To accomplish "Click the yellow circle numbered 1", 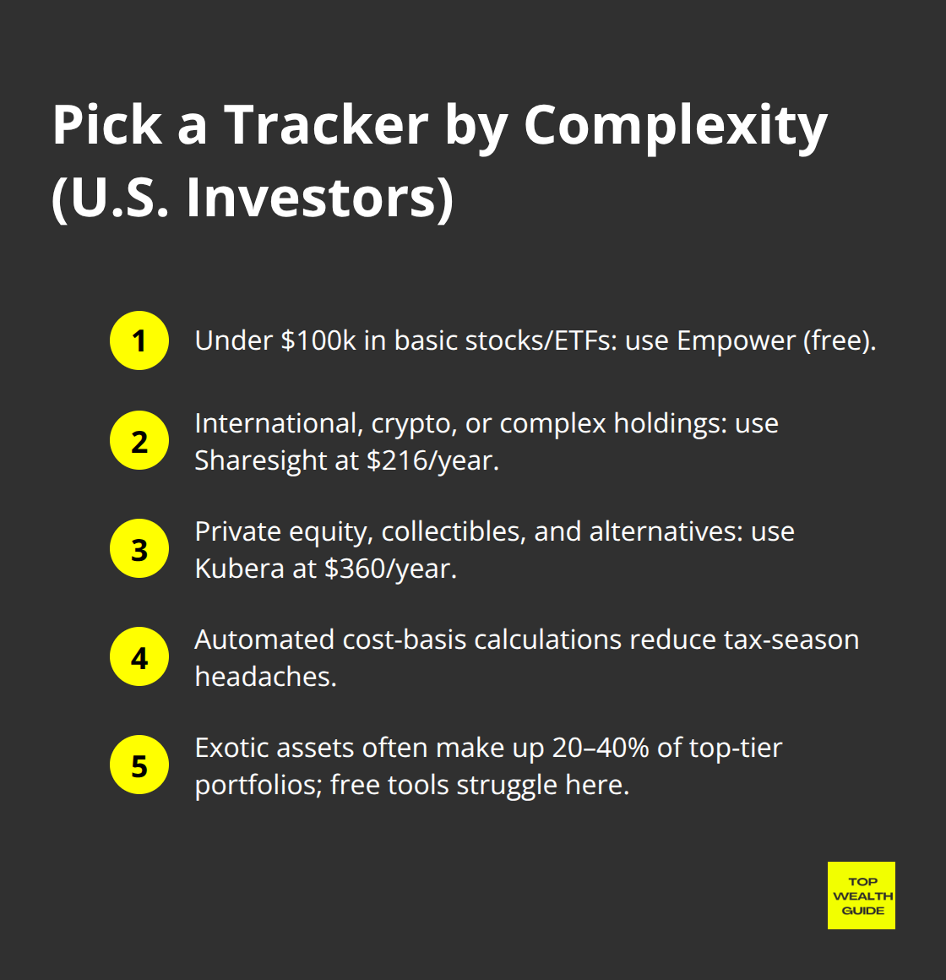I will [139, 340].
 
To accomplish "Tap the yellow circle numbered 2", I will [139, 441].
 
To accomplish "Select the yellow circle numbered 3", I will [139, 549].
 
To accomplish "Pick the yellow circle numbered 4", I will [139, 657].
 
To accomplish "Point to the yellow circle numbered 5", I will [139, 765].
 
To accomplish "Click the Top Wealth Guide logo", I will [861, 896].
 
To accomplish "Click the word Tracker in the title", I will [325, 125].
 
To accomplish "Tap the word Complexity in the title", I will [675, 125].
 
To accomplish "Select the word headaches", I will [265, 677].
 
